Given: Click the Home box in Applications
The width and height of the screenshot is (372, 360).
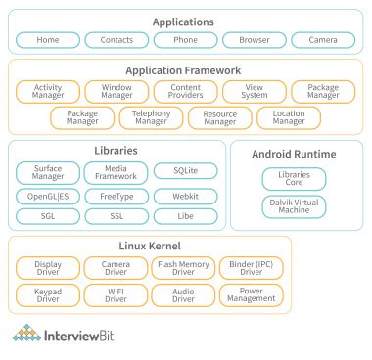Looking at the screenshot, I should point(46,40).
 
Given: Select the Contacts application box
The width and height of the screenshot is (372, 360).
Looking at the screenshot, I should point(116,40).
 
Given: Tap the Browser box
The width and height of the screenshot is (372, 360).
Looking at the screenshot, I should point(254,40).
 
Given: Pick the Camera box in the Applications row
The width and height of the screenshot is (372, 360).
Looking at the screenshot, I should point(322,40).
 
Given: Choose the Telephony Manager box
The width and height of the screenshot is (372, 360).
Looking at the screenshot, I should point(151,118).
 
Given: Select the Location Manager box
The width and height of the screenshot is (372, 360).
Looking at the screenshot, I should point(288,118).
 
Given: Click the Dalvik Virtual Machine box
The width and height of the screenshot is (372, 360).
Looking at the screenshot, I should point(295,206).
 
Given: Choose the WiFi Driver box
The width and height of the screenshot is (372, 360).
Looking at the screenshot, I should point(116,294).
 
